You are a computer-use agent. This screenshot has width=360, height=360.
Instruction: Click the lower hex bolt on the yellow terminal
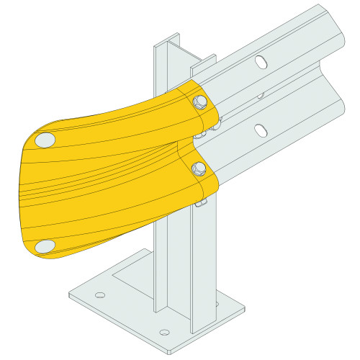pyautogui.click(x=199, y=168)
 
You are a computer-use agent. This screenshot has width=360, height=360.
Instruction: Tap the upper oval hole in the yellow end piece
pyautogui.click(x=45, y=139)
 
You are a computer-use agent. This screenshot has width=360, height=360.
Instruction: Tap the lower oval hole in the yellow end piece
pyautogui.click(x=45, y=246)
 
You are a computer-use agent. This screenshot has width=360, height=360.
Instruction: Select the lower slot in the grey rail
pyautogui.click(x=261, y=130)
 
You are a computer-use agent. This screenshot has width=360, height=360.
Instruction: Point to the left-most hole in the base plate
pyautogui.click(x=100, y=294)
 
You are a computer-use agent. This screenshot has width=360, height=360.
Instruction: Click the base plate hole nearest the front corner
pyautogui.click(x=165, y=333)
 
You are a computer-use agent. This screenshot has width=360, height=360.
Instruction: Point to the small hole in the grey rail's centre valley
pyautogui.click(x=261, y=94)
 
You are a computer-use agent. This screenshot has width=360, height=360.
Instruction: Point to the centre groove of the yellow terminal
pyautogui.click(x=108, y=173)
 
